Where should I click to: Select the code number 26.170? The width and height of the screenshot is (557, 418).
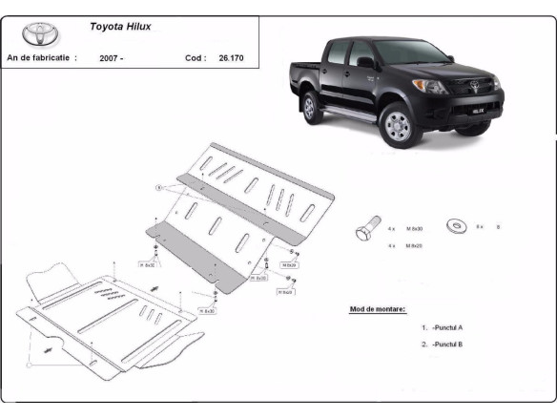click(230, 58)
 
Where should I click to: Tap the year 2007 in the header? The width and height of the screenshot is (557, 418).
click(111, 58)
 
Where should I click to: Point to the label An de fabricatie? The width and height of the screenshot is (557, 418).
click(41, 58)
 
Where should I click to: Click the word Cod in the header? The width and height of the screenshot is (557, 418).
click(195, 58)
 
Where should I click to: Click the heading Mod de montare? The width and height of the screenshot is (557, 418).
click(378, 309)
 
